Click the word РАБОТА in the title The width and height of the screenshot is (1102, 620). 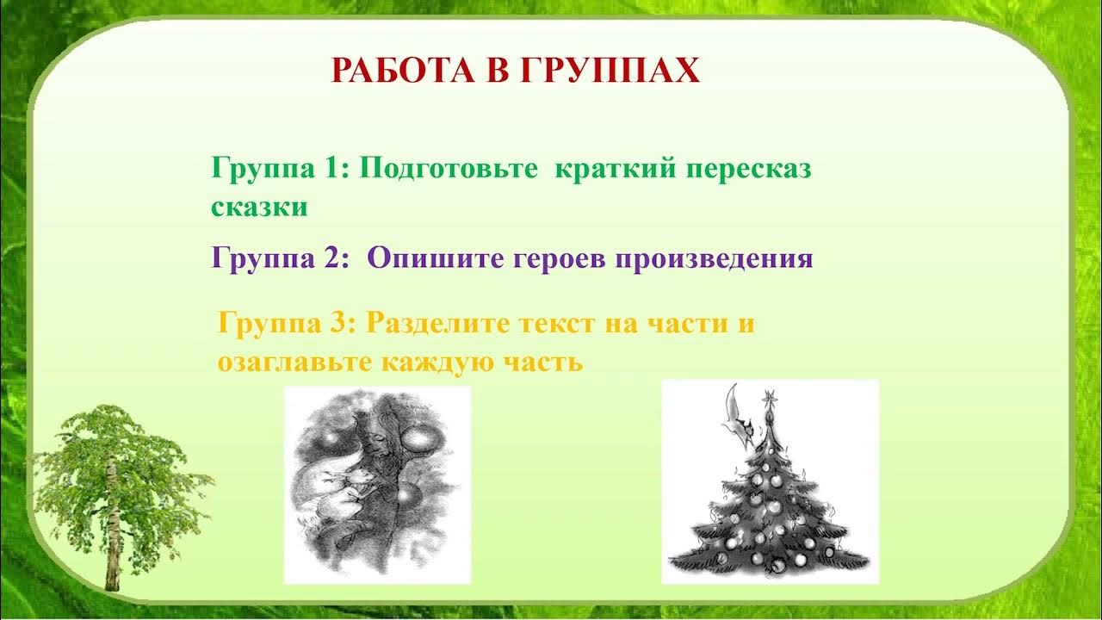pyautogui.click(x=403, y=71)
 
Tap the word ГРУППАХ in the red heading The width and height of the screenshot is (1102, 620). pyautogui.click(x=610, y=71)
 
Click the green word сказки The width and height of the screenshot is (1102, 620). pyautogui.click(x=259, y=208)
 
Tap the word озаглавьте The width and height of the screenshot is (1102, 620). pyautogui.click(x=294, y=363)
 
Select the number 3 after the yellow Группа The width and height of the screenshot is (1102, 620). pyautogui.click(x=340, y=323)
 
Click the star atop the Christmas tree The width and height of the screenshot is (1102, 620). pyautogui.click(x=769, y=398)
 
